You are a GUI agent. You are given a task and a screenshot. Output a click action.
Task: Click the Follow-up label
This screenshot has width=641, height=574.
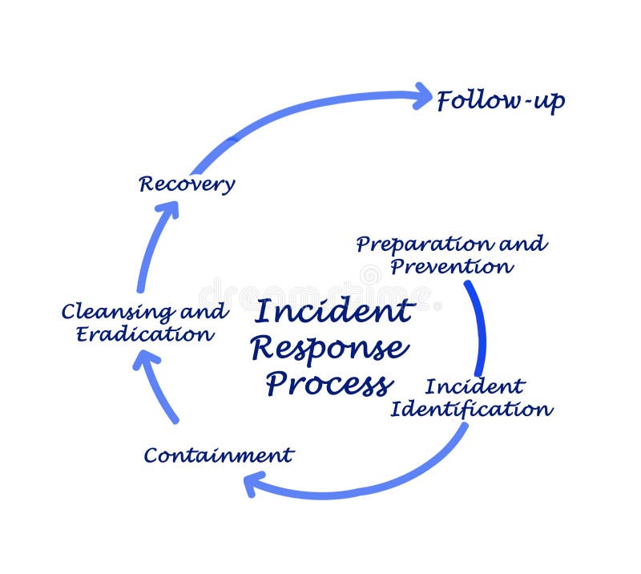click(x=500, y=102)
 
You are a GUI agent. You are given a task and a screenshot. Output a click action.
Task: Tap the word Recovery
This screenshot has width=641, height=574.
click(x=187, y=184)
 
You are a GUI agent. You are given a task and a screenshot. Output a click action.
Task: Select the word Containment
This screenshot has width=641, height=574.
click(x=218, y=455)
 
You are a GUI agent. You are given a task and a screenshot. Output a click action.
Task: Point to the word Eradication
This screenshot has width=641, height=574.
click(x=145, y=333)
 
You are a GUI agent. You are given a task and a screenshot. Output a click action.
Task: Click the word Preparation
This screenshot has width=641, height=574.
click(x=424, y=244)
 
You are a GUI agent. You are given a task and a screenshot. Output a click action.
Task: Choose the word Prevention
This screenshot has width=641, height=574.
click(x=450, y=266)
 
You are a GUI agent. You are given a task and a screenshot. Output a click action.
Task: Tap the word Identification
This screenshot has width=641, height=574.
click(x=471, y=409)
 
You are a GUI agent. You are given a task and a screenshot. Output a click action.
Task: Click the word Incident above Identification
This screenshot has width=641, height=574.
click(x=474, y=386)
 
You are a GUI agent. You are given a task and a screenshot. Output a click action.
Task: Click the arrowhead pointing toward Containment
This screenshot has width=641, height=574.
click(x=255, y=483)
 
